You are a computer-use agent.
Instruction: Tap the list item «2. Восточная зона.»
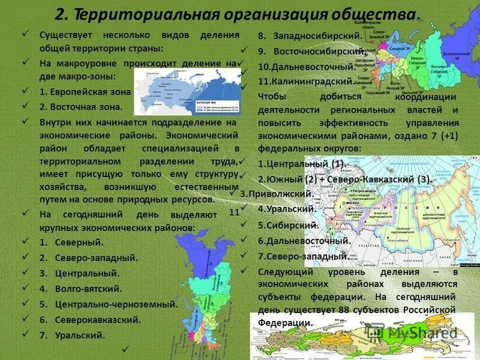81,107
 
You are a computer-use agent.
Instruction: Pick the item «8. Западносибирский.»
307,36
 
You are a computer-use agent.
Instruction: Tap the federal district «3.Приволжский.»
275,194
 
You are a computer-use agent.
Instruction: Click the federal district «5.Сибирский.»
287,225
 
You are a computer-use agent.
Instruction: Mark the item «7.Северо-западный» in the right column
303,256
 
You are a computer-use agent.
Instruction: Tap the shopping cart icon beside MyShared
376,332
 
